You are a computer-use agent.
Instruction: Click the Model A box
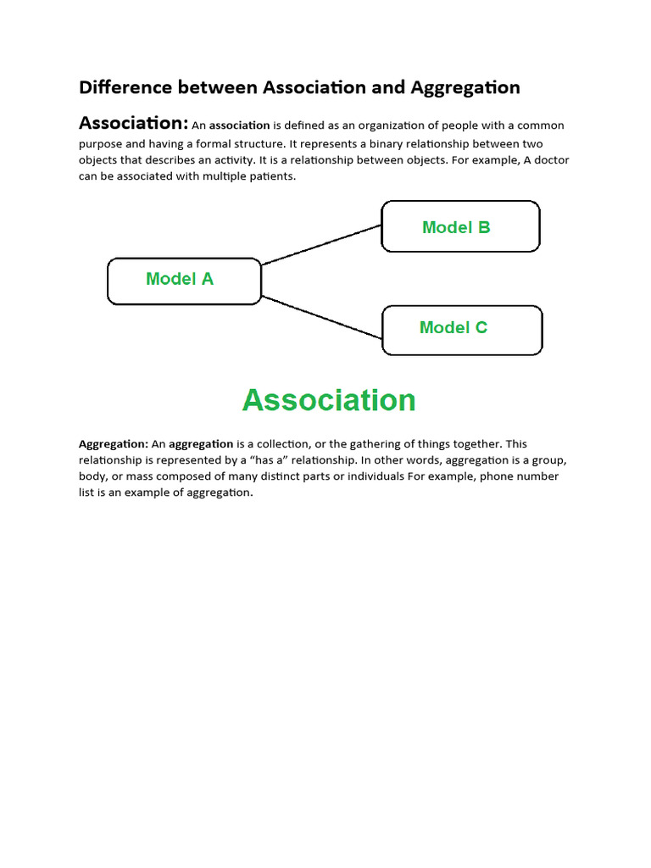[184, 281]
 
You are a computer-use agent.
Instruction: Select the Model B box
[460, 226]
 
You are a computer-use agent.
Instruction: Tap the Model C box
[462, 330]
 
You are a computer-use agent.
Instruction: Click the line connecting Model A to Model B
[321, 245]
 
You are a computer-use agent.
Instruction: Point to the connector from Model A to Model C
[321, 317]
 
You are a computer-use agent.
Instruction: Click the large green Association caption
[329, 400]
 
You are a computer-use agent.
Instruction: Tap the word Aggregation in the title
[465, 87]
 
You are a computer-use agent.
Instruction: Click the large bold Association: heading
[133, 124]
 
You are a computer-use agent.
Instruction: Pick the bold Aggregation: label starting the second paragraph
[114, 443]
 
